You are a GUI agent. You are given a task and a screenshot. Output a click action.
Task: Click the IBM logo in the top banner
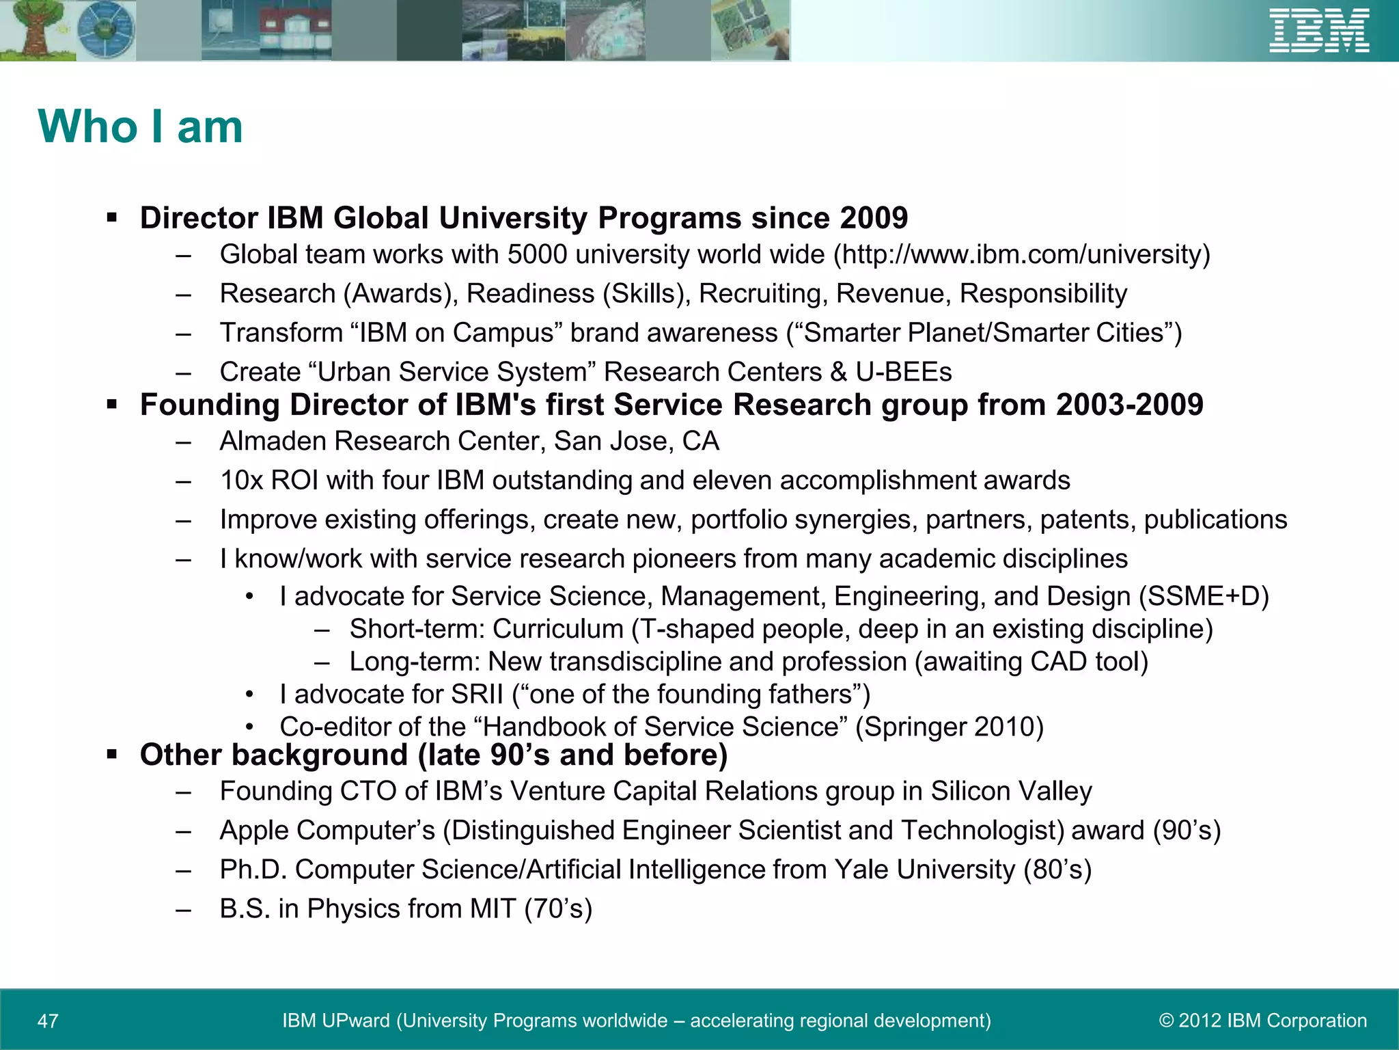point(1319,30)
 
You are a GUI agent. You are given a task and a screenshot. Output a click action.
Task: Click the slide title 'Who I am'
point(141,127)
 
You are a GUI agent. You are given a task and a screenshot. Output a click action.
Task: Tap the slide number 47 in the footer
point(48,1021)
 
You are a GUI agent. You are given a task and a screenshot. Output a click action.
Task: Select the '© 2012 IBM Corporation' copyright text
point(1263,1020)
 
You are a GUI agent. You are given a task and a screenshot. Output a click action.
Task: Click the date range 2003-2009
point(1129,405)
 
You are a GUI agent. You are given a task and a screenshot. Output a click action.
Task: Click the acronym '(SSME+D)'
point(1204,596)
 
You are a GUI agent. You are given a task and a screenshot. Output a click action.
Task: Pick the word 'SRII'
point(477,695)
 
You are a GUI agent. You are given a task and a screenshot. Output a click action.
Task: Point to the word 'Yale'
point(861,870)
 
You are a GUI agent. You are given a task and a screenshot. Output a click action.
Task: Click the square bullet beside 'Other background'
point(113,755)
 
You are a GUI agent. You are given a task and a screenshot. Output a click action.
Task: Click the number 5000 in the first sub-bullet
point(537,255)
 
